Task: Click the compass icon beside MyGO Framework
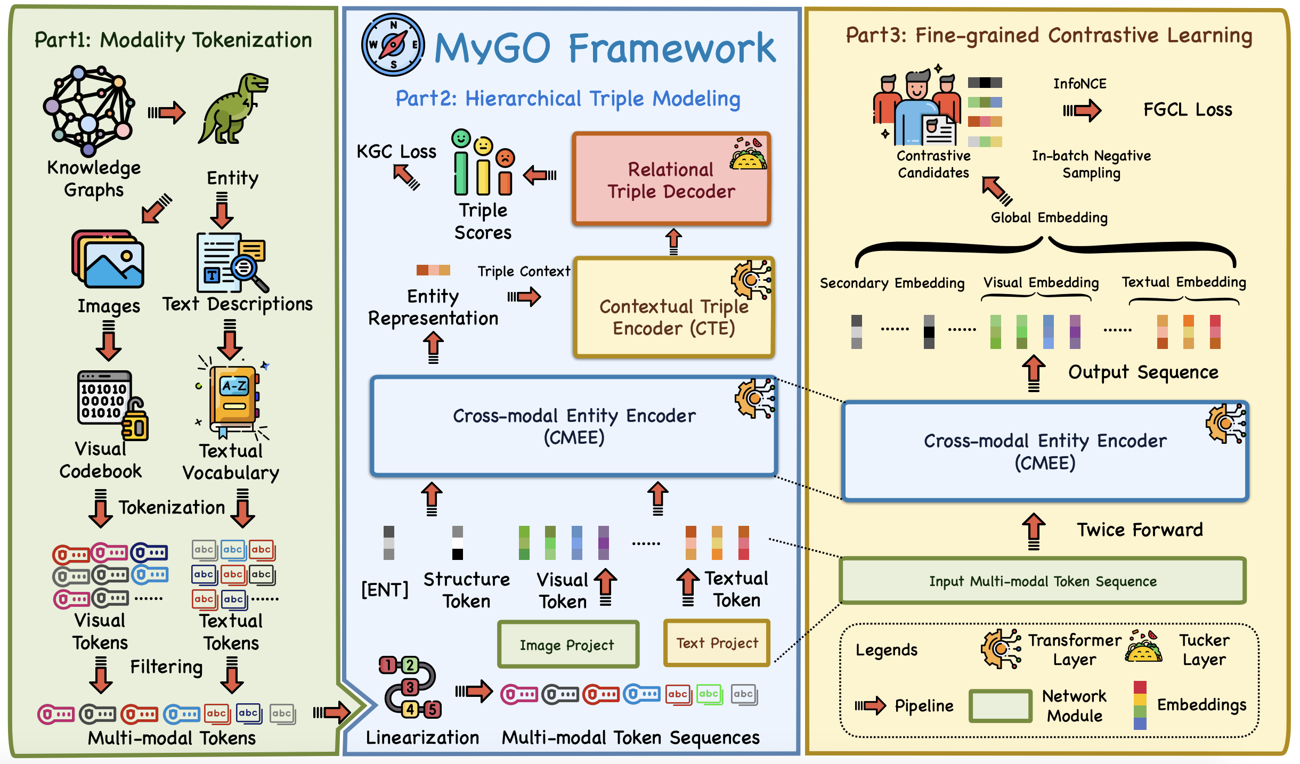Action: click(393, 45)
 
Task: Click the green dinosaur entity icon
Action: click(233, 110)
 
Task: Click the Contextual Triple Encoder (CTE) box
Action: click(674, 308)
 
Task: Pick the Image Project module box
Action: click(568, 645)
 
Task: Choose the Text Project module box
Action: click(717, 643)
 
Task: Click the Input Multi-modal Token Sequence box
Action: click(1043, 581)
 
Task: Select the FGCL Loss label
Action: click(1188, 110)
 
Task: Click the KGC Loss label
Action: click(396, 152)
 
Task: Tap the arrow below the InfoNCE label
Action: click(1082, 111)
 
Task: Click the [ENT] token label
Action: click(385, 590)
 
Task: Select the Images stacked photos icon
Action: click(108, 260)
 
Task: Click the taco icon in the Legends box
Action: click(1143, 647)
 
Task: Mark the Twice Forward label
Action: click(1140, 530)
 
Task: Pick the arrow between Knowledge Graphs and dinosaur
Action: click(167, 112)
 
